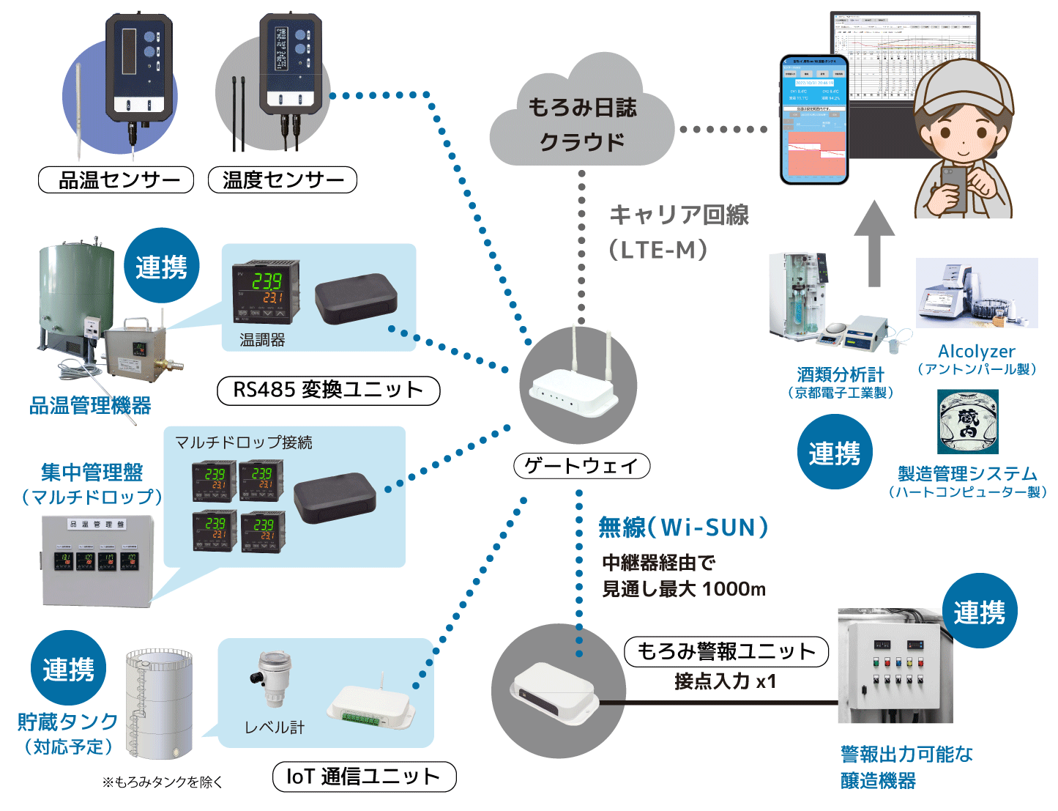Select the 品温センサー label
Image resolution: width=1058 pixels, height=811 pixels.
point(116,179)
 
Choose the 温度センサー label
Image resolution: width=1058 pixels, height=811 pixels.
point(283,179)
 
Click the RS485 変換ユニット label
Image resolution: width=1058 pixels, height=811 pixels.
point(329,390)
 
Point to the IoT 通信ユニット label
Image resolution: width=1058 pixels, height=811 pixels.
point(364,777)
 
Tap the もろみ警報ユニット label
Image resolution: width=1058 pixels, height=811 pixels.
point(726,651)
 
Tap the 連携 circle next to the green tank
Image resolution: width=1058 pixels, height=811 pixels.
point(161,266)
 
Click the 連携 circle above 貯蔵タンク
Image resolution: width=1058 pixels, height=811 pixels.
point(69,668)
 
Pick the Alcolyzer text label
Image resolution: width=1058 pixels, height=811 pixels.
point(977,352)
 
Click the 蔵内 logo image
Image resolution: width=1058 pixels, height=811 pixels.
point(968,422)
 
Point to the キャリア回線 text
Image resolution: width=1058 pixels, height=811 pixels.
point(679,215)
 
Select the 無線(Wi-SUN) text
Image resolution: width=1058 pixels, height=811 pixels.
point(683,527)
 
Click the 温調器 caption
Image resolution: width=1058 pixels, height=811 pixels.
point(262,340)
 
